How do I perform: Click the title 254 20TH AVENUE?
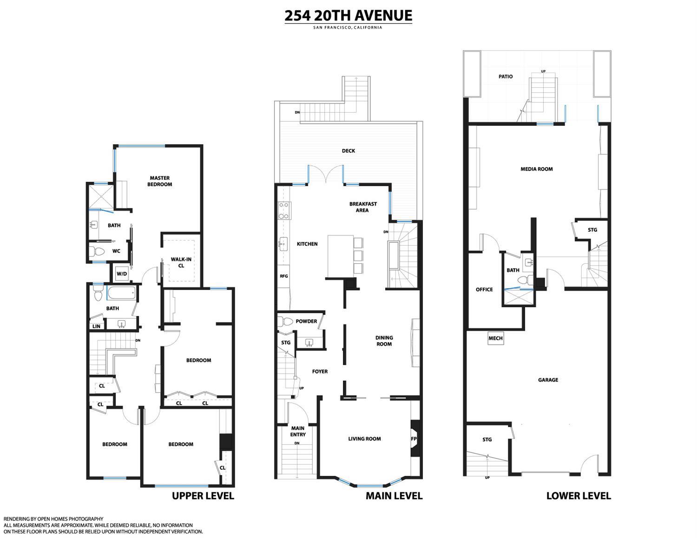(348, 15)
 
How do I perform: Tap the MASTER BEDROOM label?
(159, 181)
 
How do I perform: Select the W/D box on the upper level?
(121, 273)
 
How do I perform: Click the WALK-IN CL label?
(181, 263)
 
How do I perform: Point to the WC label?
(116, 251)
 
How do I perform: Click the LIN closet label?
(96, 326)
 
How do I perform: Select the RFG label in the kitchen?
(283, 276)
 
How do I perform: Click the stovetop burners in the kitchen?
(283, 210)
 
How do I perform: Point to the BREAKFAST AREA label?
(363, 207)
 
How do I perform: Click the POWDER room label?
(306, 321)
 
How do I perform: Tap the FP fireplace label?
(414, 438)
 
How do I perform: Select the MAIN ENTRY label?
(298, 431)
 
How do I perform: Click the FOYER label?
(320, 371)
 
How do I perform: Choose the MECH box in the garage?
(495, 338)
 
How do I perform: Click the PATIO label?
(506, 77)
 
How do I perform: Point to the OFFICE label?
(484, 290)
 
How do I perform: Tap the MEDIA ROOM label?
(537, 169)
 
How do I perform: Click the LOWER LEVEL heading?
(578, 496)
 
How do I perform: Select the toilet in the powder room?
(285, 321)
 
